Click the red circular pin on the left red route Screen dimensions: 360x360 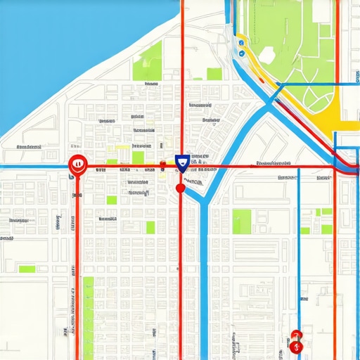pos(77,165)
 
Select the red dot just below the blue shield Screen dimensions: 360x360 pos(180,187)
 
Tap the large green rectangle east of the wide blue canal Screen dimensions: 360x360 pos(242,221)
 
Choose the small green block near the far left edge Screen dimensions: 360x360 pos(27,269)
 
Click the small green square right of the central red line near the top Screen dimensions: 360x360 pos(214,74)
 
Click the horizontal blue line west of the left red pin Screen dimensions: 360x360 pos(35,167)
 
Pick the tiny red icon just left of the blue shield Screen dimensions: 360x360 pos(163,165)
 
